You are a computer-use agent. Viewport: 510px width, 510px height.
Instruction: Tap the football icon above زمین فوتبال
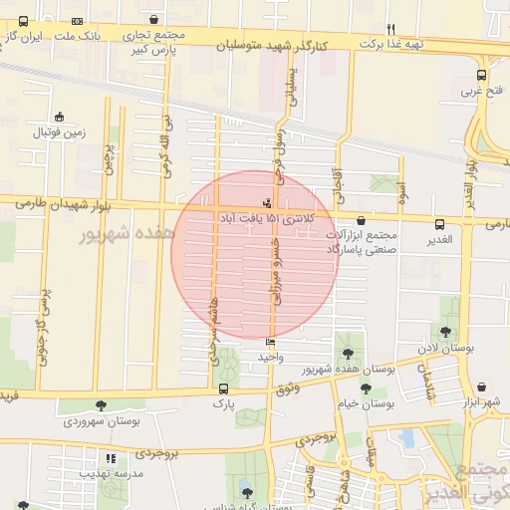coord(60,117)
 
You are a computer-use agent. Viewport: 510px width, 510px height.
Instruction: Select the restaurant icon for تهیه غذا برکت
coord(391,29)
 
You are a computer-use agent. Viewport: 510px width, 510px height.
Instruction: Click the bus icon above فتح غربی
coord(483,74)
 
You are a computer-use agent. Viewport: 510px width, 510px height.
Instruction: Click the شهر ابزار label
coord(482,400)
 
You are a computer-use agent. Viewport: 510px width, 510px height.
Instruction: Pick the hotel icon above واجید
coord(271,342)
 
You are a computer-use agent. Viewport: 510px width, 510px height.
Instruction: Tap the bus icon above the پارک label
coord(221,389)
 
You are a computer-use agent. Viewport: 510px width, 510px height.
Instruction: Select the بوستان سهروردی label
coord(101,420)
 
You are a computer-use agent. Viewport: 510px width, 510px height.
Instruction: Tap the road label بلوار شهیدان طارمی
coord(64,204)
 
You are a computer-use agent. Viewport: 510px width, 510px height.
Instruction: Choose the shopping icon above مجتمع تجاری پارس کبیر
coord(152,19)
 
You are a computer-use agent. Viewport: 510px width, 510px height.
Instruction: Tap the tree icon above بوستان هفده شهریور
coord(348,354)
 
